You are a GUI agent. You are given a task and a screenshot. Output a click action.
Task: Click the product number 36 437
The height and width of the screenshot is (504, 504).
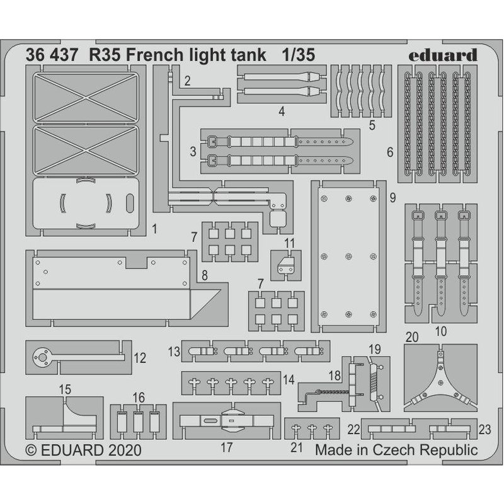(52, 55)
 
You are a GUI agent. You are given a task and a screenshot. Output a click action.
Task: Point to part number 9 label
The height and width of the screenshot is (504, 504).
(392, 198)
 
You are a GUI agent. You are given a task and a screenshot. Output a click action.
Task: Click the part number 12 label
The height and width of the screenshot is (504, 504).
(140, 358)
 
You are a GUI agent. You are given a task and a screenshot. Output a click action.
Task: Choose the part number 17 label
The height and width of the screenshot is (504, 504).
(227, 447)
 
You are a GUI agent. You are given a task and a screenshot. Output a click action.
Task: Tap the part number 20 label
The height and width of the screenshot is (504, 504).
(412, 337)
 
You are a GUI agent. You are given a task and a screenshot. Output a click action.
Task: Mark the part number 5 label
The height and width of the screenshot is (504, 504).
(373, 125)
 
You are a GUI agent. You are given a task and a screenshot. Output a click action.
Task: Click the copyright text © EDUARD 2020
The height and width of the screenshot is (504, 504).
(84, 451)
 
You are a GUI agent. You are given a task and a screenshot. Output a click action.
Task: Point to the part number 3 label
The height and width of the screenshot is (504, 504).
(192, 152)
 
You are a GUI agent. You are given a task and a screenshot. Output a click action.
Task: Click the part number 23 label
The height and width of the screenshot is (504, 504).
(484, 429)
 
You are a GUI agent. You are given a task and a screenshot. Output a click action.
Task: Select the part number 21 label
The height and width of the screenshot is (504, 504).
(297, 447)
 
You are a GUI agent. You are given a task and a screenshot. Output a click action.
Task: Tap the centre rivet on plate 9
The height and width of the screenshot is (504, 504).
(348, 256)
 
